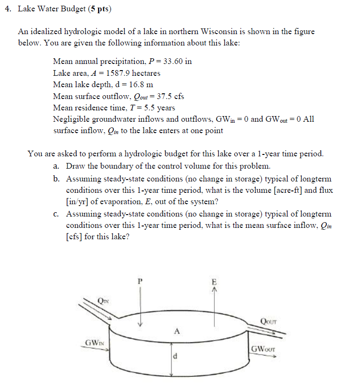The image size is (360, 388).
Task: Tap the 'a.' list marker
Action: tap(56, 166)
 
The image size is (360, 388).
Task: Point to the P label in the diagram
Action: tap(140, 280)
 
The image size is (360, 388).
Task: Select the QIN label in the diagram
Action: tap(103, 300)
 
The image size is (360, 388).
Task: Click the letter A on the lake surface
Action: tap(176, 331)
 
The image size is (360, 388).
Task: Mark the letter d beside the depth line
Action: tap(175, 357)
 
